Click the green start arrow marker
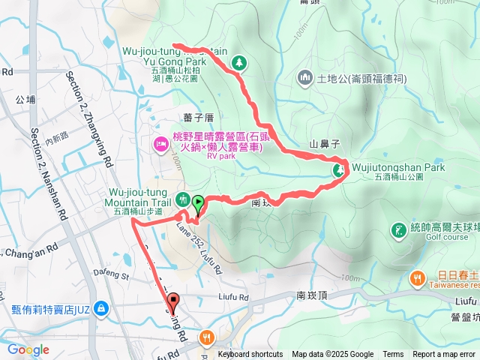(x=198, y=202)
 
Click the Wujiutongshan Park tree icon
(x=338, y=171)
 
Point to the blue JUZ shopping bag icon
(x=101, y=308)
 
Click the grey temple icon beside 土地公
(x=304, y=77)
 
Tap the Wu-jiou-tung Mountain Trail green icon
(x=182, y=199)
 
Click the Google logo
(x=28, y=349)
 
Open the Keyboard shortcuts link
(x=250, y=355)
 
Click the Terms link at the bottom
(x=393, y=355)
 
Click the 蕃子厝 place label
(x=198, y=117)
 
